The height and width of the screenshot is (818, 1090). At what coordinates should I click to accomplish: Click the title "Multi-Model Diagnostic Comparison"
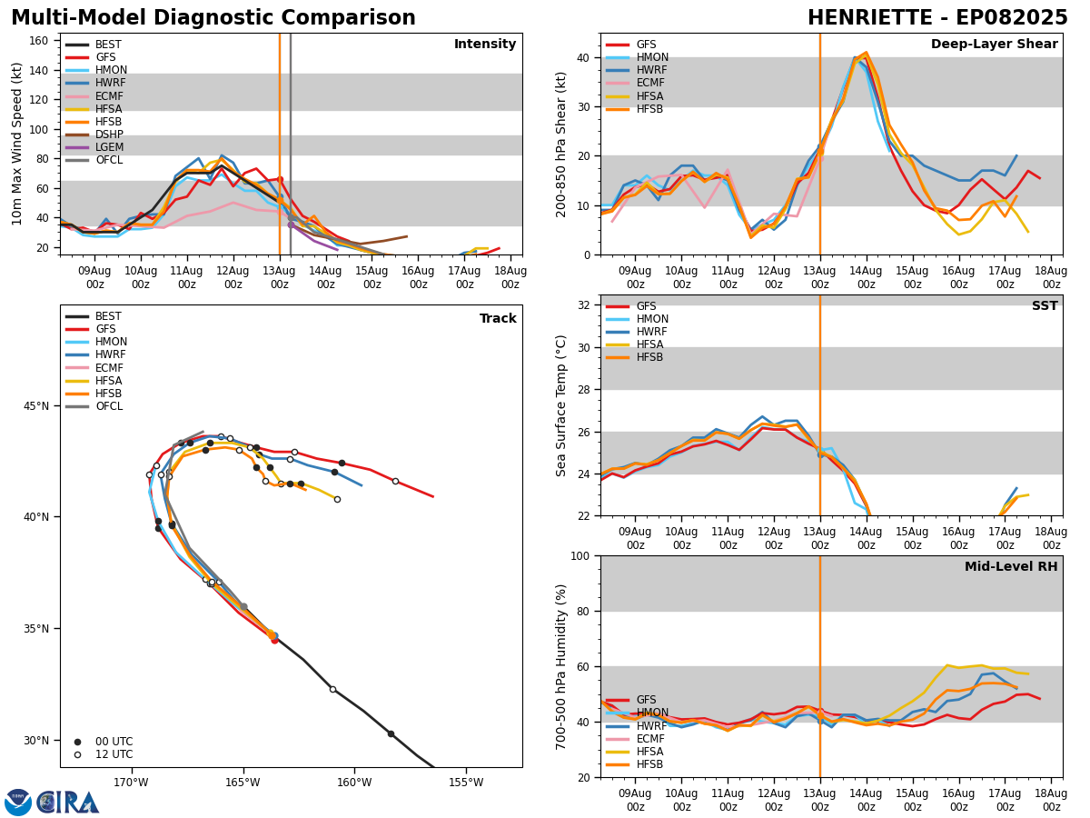pyautogui.click(x=213, y=18)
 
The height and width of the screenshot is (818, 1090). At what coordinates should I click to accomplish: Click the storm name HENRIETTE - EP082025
pyautogui.click(x=937, y=18)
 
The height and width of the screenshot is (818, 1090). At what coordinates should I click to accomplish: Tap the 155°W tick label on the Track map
pyautogui.click(x=465, y=782)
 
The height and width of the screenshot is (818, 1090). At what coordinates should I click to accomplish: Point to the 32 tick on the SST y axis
pyautogui.click(x=586, y=305)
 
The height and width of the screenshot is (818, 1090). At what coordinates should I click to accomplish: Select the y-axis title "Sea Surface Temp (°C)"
pyautogui.click(x=561, y=405)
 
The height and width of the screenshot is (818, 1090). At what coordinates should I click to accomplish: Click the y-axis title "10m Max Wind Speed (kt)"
pyautogui.click(x=16, y=144)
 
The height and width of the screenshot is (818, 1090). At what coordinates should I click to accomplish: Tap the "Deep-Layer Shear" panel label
pyautogui.click(x=994, y=45)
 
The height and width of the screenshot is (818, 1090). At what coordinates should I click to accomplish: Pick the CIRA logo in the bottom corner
pyautogui.click(x=68, y=803)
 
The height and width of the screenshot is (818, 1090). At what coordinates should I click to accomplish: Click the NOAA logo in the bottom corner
pyautogui.click(x=18, y=803)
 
